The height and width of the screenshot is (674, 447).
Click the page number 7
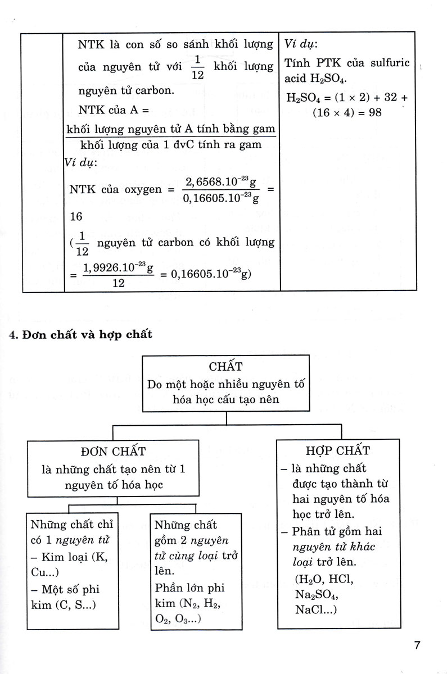click(417, 645)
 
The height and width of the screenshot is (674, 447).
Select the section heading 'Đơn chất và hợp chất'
click(80, 335)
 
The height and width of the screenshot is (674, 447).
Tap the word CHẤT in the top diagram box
click(225, 367)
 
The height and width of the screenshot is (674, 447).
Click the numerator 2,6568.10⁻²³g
click(221, 182)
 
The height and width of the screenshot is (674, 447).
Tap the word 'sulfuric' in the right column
click(389, 62)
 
